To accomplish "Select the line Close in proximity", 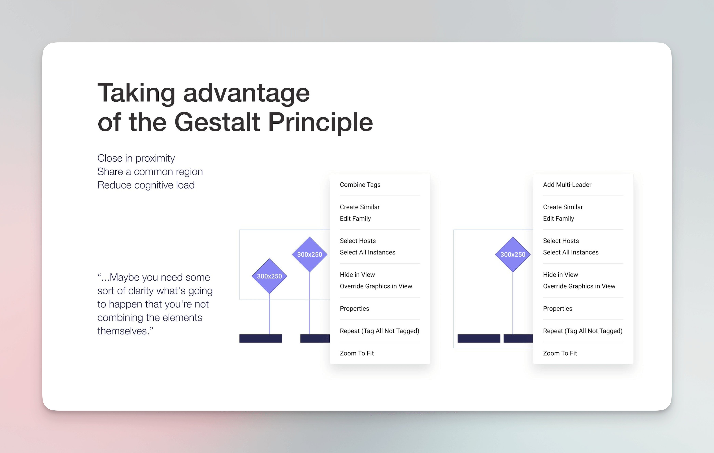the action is click(136, 158).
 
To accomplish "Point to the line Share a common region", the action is click(150, 172).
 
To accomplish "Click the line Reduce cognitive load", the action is click(146, 185).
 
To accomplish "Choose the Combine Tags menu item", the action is click(360, 185).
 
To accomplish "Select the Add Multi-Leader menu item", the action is click(567, 185).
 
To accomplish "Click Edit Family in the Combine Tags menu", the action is click(355, 218).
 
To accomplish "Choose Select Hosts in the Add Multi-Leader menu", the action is click(561, 241).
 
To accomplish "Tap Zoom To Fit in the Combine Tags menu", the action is click(357, 353).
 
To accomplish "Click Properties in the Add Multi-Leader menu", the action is click(557, 309).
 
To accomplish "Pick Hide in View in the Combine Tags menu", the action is click(357, 275).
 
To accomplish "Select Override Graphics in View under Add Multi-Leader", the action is click(579, 286).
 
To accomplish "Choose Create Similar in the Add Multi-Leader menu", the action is click(563, 207).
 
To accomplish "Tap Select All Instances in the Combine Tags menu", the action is click(367, 252).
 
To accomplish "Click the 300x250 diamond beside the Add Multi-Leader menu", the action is click(513, 254).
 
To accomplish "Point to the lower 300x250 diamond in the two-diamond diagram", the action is click(269, 276).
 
